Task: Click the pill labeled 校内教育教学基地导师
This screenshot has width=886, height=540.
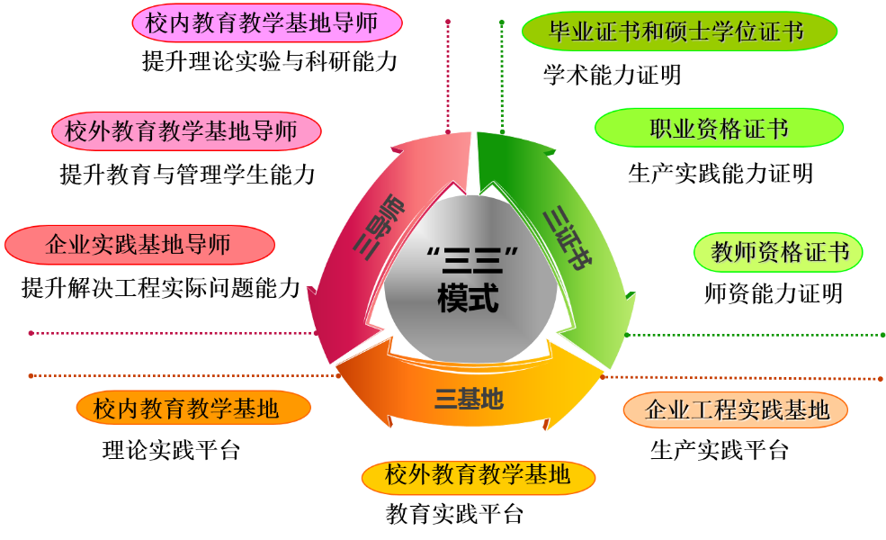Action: pos(267,23)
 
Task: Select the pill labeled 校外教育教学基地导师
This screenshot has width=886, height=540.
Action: pos(186,131)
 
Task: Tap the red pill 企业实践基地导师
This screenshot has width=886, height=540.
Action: pos(139,245)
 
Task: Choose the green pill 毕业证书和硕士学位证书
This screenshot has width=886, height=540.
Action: pos(679,32)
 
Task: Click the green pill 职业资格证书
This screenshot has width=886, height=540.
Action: pos(719,128)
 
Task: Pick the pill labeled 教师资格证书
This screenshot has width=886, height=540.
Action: pos(779,252)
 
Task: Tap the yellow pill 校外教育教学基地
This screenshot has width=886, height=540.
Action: pos(478,476)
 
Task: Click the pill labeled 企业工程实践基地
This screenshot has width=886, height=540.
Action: pos(736,410)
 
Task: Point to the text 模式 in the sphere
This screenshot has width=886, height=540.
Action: pos(468,299)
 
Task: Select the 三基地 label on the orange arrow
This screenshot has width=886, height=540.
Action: pos(469,397)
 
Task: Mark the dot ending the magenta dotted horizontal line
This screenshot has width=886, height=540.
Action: pos(31,333)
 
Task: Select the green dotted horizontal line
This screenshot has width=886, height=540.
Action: pos(756,335)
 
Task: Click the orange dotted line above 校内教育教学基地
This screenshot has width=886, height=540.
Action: pos(180,375)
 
